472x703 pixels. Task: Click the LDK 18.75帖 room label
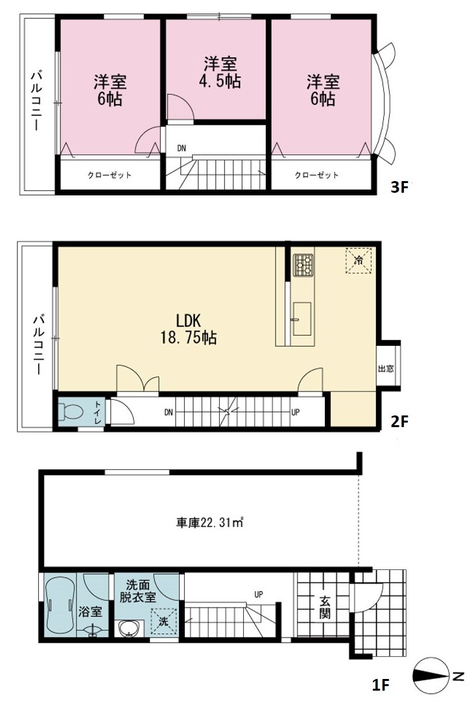point(189,328)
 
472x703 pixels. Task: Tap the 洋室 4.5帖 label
point(220,72)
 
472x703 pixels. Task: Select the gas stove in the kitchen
point(303,265)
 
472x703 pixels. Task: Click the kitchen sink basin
point(301,318)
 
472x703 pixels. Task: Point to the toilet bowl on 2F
point(71,412)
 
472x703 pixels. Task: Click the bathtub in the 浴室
point(60,605)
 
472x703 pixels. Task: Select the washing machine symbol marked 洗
point(164,621)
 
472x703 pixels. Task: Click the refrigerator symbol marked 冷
point(359,260)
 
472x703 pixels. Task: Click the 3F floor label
point(400,187)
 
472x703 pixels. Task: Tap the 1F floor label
point(381,685)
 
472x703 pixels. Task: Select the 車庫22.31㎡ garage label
point(209,523)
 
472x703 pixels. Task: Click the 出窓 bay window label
point(386,369)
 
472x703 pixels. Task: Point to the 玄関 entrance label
point(325,607)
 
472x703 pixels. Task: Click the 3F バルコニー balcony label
point(37,101)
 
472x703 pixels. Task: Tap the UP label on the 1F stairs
point(259,595)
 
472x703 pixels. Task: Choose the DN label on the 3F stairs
point(182,148)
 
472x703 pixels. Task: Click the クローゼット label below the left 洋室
point(110,175)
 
